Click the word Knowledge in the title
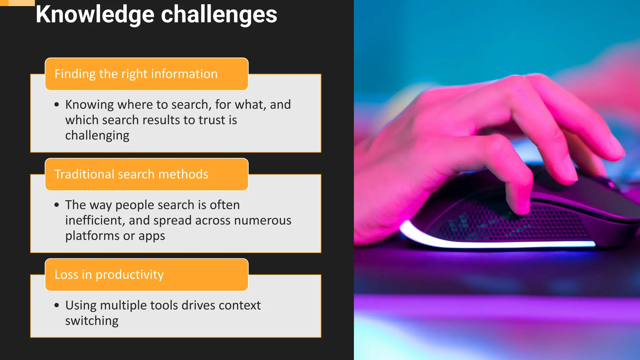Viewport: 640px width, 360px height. click(95, 15)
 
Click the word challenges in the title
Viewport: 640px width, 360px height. click(219, 15)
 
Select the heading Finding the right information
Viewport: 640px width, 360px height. click(136, 74)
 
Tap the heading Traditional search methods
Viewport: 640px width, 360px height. click(131, 174)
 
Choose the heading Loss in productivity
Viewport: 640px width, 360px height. click(109, 275)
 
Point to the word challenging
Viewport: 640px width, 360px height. click(97, 136)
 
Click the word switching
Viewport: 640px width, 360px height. click(92, 321)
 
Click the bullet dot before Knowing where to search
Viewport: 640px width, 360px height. click(57, 105)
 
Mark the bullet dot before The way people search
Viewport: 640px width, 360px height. click(57, 205)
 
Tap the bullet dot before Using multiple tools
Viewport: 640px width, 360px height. click(57, 305)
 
